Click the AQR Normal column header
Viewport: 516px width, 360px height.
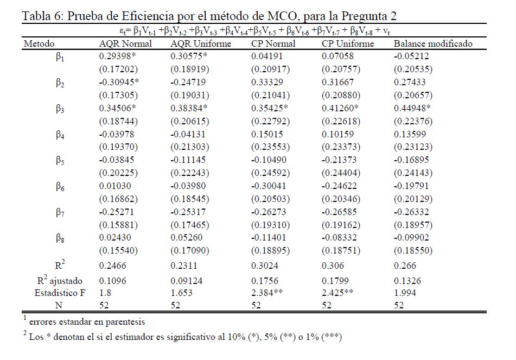click(125, 43)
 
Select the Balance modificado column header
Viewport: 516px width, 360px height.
click(433, 43)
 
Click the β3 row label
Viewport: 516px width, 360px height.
click(60, 109)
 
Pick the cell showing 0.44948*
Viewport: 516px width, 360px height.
click(414, 108)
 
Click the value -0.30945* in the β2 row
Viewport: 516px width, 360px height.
click(119, 82)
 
